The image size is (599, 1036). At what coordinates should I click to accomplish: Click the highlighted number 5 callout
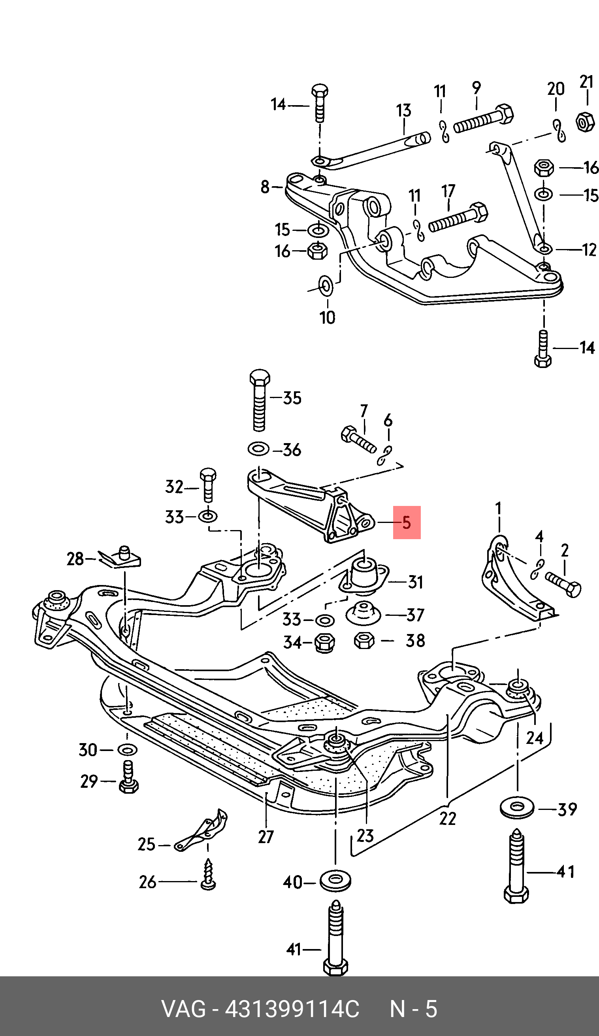406,523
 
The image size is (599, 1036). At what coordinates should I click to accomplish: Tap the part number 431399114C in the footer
292,1009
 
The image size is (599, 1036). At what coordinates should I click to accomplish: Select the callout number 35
292,398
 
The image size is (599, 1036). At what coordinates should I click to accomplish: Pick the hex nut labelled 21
585,122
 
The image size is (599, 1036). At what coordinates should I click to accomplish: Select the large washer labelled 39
517,808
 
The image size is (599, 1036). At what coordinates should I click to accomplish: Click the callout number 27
266,837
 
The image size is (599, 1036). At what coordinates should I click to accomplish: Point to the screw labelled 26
208,879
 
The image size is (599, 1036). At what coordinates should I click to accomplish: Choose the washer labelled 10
326,286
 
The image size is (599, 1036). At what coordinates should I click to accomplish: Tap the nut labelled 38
364,640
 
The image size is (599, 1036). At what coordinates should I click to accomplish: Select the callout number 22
447,818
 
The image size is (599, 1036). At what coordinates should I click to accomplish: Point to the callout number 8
265,187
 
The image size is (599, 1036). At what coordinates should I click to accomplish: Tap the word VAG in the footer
184,1009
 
